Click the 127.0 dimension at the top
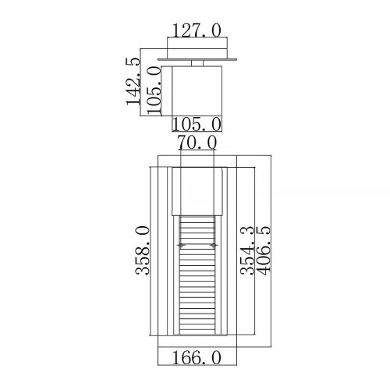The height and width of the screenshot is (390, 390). pyautogui.click(x=195, y=30)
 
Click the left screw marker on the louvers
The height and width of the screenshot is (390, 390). pyautogui.click(x=181, y=246)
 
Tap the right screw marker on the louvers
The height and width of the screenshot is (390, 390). pyautogui.click(x=211, y=246)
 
